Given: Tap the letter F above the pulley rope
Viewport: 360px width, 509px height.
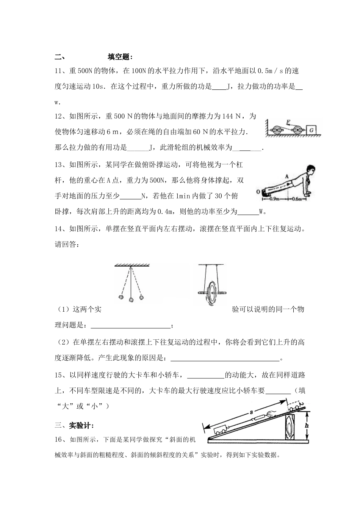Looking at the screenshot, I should click(x=288, y=122).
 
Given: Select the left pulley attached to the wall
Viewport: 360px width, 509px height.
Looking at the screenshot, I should click(x=278, y=130).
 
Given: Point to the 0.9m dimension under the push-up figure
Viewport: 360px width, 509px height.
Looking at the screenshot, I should click(x=274, y=198).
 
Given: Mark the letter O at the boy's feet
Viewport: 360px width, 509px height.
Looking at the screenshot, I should click(x=258, y=192).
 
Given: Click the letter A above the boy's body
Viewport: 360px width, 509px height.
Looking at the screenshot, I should click(x=287, y=176).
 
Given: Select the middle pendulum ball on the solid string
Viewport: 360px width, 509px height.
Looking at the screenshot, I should click(x=131, y=300).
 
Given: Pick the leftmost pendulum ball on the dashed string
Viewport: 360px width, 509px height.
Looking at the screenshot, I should click(x=121, y=297).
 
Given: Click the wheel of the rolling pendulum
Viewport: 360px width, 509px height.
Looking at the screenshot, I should click(x=210, y=293).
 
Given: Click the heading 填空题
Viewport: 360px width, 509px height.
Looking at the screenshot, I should click(x=120, y=57).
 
